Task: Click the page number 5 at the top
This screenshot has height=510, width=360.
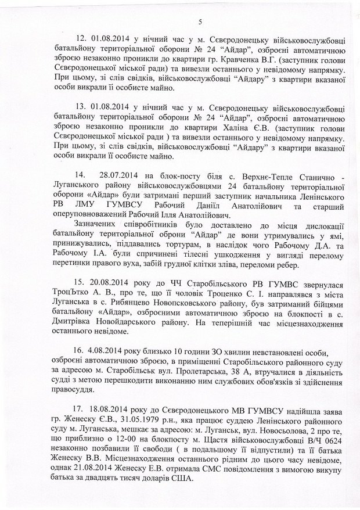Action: (x=199, y=22)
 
